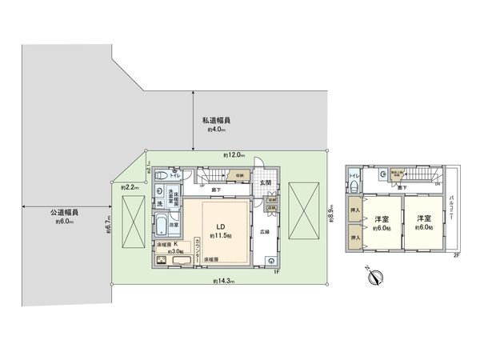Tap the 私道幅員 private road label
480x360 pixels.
click(218, 122)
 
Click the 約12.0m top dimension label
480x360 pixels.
click(234, 154)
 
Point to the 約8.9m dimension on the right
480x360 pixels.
click(330, 214)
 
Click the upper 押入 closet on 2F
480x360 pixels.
click(354, 212)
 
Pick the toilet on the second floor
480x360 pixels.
click(353, 186)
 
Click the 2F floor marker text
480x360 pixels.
click(456, 254)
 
